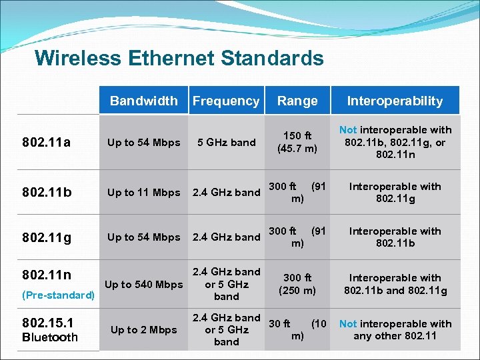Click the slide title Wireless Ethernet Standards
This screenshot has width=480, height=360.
(x=179, y=58)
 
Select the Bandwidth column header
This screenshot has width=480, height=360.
(x=143, y=101)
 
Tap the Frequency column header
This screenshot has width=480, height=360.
(x=225, y=101)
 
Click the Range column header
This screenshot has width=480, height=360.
(x=297, y=101)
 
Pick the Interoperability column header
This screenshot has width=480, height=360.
(x=395, y=101)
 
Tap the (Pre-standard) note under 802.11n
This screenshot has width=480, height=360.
(x=59, y=295)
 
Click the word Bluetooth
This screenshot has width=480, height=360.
(x=50, y=337)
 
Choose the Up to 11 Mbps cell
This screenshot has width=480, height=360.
(x=143, y=193)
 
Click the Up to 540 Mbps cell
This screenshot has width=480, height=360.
(x=143, y=285)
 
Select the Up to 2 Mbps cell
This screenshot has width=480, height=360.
(x=143, y=330)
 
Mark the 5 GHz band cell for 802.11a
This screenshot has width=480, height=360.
(x=226, y=142)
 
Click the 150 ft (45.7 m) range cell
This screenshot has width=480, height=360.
(x=297, y=142)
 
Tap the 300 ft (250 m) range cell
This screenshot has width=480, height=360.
(x=297, y=284)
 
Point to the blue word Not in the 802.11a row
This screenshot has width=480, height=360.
(x=348, y=130)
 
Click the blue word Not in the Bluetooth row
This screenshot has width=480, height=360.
(x=348, y=324)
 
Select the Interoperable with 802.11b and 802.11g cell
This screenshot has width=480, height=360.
(x=395, y=284)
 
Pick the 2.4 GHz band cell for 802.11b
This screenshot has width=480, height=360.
(x=226, y=193)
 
